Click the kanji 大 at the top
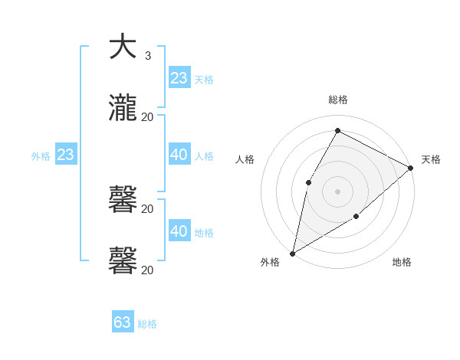pos(123,47)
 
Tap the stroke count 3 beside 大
pos(147,56)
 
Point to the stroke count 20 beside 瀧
pos(148,116)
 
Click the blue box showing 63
pos(123,322)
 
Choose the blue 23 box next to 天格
pos(179,78)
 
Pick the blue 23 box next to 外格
pos(66,155)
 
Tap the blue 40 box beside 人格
pos(179,155)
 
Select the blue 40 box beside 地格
pos(179,231)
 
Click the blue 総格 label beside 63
pos(147,324)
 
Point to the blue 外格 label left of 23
pos(41,156)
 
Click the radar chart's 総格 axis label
pos(337,100)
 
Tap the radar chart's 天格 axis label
pos(431,160)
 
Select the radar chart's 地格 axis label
pos(402,263)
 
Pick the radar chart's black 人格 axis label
pos(245,160)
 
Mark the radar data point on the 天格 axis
pos(412,168)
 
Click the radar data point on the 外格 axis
pos(292,254)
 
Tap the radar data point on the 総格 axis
pos(337,130)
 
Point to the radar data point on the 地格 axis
pos(356,218)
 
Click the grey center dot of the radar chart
pos(337,191)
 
